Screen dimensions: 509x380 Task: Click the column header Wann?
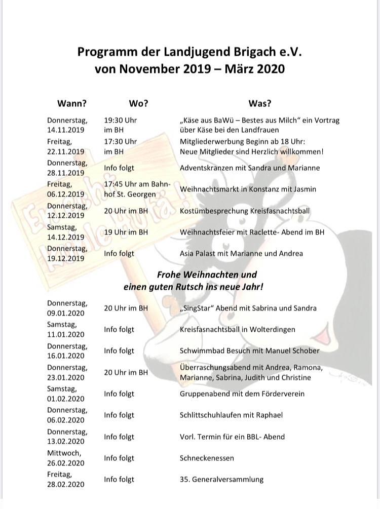pyautogui.click(x=72, y=103)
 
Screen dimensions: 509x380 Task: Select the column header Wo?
pyautogui.click(x=138, y=103)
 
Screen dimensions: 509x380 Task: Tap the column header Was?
pyautogui.click(x=259, y=103)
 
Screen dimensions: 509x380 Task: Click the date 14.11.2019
pyautogui.click(x=66, y=130)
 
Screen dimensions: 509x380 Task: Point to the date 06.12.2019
pyautogui.click(x=66, y=194)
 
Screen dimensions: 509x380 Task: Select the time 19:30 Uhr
pyautogui.click(x=121, y=121)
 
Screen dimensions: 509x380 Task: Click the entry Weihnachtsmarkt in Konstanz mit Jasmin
pyautogui.click(x=248, y=189)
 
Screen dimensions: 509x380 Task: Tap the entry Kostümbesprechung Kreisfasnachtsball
pyautogui.click(x=245, y=211)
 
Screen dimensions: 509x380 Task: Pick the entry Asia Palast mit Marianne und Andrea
pyautogui.click(x=241, y=253)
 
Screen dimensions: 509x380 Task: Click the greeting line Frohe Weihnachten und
pyautogui.click(x=207, y=275)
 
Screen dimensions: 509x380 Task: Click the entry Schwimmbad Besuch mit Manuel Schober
pyautogui.click(x=250, y=350)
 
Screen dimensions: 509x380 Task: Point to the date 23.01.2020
pyautogui.click(x=66, y=377)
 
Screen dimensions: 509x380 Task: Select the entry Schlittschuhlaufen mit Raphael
pyautogui.click(x=231, y=415)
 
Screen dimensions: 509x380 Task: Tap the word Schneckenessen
pyautogui.click(x=207, y=458)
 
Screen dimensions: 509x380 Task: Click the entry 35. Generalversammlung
pyautogui.click(x=221, y=479)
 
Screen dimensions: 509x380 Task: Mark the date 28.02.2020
pyautogui.click(x=66, y=485)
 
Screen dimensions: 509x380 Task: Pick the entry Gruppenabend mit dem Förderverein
pyautogui.click(x=242, y=394)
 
